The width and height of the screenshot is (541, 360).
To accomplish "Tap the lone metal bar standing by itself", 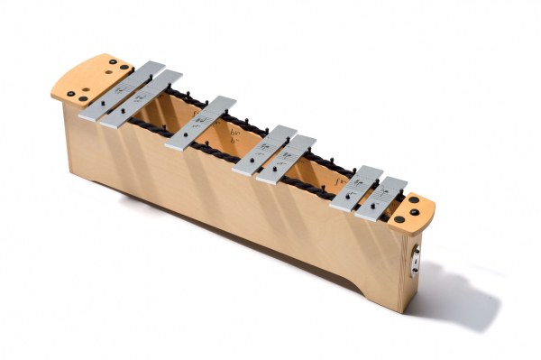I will (x=200, y=123).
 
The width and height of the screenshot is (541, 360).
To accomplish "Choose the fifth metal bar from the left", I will (x=285, y=159).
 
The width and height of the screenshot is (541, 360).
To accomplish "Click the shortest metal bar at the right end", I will (x=381, y=198).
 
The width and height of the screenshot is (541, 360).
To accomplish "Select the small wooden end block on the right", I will (x=415, y=209).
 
